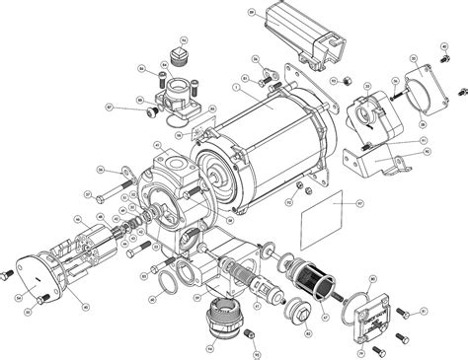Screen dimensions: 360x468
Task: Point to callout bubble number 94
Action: [209, 347]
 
